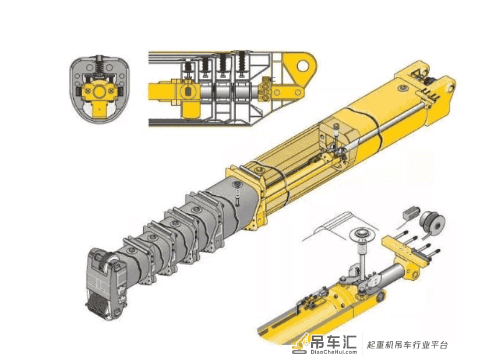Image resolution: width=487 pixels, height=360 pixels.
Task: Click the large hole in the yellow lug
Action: (x=302, y=66)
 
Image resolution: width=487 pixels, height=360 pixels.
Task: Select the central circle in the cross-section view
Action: (x=100, y=92)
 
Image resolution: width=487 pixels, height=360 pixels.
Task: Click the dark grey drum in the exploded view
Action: (x=433, y=223)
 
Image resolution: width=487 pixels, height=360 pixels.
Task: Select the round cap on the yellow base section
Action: (x=403, y=89)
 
